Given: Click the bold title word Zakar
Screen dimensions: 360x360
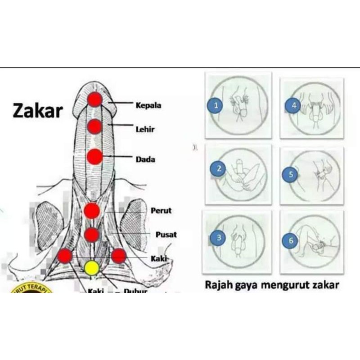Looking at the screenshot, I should click(37, 110).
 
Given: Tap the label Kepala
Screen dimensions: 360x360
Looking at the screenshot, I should click(148, 106).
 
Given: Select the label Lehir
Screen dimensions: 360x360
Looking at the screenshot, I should click(145, 129).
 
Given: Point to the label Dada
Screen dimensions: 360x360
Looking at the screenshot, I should click(145, 159).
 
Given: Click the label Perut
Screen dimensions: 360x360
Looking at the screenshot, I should click(161, 211).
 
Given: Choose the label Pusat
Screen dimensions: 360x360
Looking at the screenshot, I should click(166, 234).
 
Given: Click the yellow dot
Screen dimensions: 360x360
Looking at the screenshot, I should click(92, 268).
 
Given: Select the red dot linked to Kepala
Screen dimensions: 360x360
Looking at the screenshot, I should click(94, 99).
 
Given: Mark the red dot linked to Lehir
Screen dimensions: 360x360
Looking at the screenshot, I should click(94, 127).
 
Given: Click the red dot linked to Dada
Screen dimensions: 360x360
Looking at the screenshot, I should click(94, 157).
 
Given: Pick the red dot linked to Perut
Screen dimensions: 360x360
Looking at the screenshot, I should click(92, 210).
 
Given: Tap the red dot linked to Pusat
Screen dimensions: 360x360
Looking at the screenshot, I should click(92, 234).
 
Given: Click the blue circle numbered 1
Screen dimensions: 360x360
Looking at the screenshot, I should click(216, 106).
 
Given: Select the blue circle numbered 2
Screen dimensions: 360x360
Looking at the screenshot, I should click(219, 169).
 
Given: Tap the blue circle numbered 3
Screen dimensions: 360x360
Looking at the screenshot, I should click(219, 238).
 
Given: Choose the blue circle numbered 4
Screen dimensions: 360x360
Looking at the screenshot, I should click(293, 106).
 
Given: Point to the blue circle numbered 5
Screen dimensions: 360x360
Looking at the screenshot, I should click(291, 175).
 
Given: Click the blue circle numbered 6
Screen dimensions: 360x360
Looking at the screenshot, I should click(291, 241).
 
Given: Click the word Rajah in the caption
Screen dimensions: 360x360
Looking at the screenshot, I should click(217, 285).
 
